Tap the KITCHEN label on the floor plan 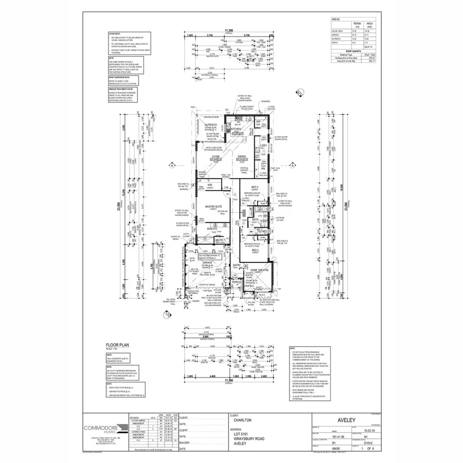pyautogui.click(x=243, y=129)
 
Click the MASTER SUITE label pyautogui.click(x=213, y=206)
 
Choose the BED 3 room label pyautogui.click(x=255, y=186)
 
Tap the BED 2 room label pyautogui.click(x=255, y=250)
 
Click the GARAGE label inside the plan pyautogui.click(x=207, y=262)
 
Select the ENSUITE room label pyautogui.click(x=212, y=228)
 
